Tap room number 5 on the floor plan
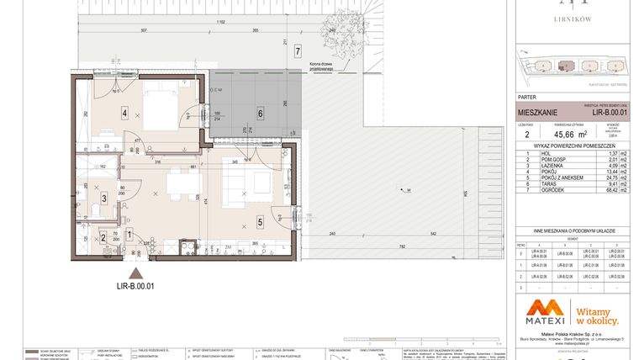pyautogui.click(x=260, y=222)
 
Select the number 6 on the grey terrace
pyautogui.click(x=261, y=113)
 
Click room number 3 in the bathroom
pyautogui.click(x=103, y=199)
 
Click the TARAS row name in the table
pyautogui.click(x=545, y=183)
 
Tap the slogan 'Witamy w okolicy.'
pyautogui.click(x=596, y=315)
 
